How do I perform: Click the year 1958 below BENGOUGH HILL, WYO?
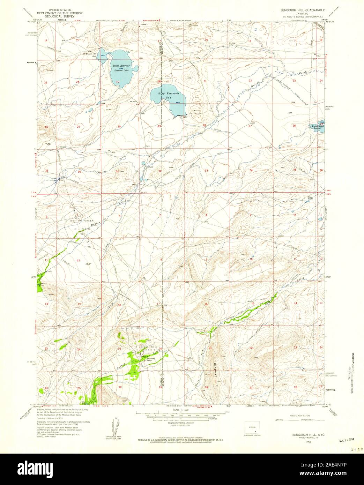(x=299, y=441)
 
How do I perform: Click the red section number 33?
(x=206, y=171)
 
